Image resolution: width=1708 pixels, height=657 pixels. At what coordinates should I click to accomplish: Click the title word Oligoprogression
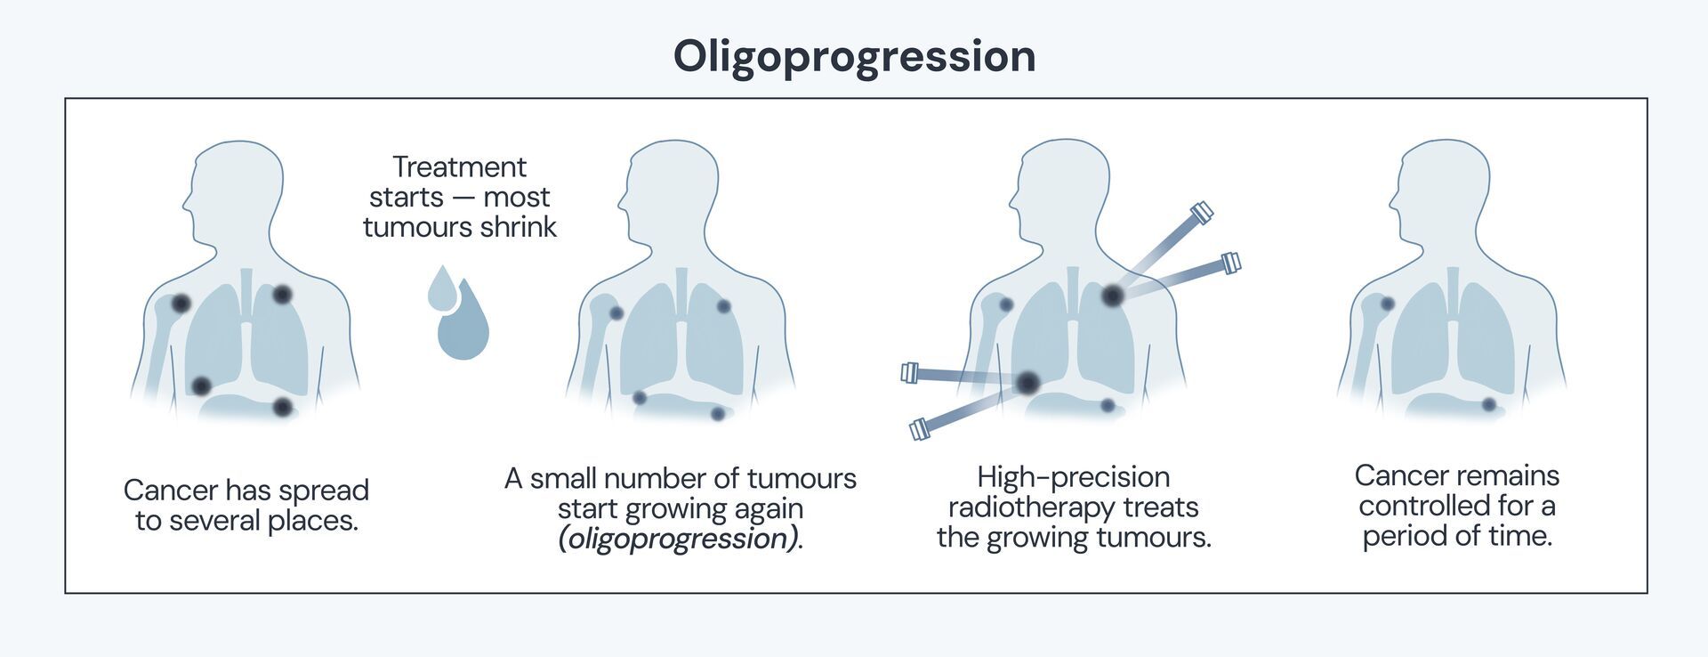pyautogui.click(x=854, y=56)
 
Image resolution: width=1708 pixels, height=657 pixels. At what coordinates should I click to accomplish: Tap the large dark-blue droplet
pyautogui.click(x=463, y=326)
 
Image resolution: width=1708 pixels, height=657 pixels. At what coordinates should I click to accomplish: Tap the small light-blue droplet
pyautogui.click(x=441, y=288)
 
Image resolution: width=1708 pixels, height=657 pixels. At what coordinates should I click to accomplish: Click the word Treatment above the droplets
pyautogui.click(x=459, y=166)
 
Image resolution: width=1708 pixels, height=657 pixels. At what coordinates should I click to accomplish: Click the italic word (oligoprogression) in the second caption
pyautogui.click(x=678, y=539)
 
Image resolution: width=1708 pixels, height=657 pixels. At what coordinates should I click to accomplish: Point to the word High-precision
pyautogui.click(x=1073, y=477)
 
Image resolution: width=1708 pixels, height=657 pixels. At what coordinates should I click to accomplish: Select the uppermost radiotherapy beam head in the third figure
pyautogui.click(x=1201, y=212)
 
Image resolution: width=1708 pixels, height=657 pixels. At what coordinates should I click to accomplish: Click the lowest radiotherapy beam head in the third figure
pyautogui.click(x=920, y=430)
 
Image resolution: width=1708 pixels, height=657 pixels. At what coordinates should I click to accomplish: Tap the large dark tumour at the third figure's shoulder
pyautogui.click(x=1112, y=295)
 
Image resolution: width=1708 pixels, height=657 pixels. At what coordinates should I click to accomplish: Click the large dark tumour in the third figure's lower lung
pyautogui.click(x=1028, y=383)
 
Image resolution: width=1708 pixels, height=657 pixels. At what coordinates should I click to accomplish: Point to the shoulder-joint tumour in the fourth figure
pyautogui.click(x=1387, y=304)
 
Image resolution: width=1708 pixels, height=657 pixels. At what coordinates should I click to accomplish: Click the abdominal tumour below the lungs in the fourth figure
pyautogui.click(x=1488, y=404)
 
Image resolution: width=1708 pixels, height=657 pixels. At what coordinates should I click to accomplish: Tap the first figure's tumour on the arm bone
pyautogui.click(x=181, y=304)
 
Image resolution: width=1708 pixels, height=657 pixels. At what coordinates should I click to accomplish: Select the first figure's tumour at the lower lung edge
pyautogui.click(x=201, y=385)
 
